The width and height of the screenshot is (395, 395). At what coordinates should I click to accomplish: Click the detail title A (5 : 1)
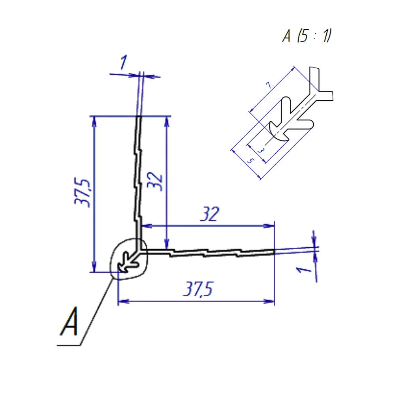307,36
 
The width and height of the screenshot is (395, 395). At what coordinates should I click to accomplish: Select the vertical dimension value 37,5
82,193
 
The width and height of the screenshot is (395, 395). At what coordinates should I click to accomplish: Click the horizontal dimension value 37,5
198,289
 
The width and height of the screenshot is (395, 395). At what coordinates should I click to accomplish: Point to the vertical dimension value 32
155,181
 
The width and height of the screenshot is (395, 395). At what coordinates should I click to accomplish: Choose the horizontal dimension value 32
210,214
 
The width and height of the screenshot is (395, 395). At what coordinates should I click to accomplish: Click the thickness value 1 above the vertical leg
123,62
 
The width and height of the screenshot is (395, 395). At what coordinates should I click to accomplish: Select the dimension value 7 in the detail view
269,85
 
